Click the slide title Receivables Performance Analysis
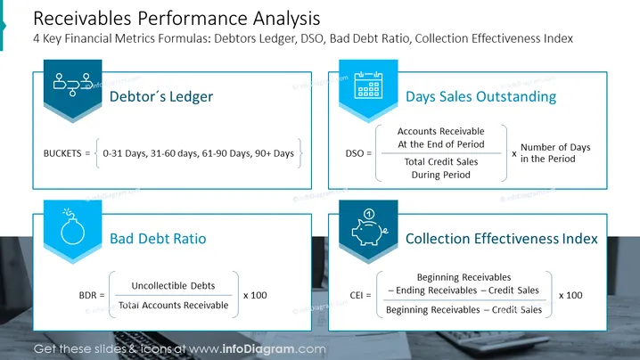[x=176, y=19]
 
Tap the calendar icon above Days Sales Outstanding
[x=368, y=85]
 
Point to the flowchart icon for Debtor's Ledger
[x=73, y=85]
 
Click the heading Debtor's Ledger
[x=161, y=97]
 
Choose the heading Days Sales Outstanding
[x=480, y=97]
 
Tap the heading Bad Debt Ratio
[x=158, y=239]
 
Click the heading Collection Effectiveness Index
[x=502, y=239]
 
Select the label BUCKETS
[x=62, y=153]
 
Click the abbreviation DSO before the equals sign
[x=354, y=153]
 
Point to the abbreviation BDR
[x=87, y=295]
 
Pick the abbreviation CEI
[x=357, y=295]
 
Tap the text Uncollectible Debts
[x=173, y=286]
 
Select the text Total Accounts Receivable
[x=174, y=306]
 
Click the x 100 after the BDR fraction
[x=255, y=295]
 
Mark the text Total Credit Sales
[x=441, y=161]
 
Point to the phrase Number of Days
[x=555, y=147]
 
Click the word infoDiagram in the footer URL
[x=258, y=349]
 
